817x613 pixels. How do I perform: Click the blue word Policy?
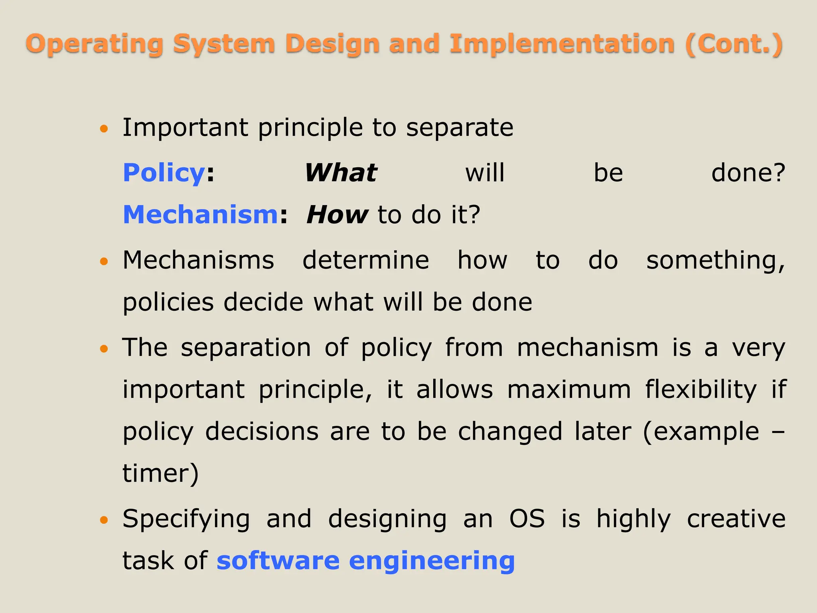click(x=164, y=173)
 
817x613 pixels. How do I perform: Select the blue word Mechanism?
click(x=200, y=215)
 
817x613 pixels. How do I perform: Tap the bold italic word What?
click(x=341, y=173)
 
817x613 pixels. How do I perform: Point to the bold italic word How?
click(x=337, y=215)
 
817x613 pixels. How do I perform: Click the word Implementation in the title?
click(x=562, y=44)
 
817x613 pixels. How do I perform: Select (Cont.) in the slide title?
click(x=734, y=44)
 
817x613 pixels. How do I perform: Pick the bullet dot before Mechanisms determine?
click(x=104, y=261)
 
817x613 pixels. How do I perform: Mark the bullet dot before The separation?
click(x=104, y=349)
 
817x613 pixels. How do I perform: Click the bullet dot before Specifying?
click(x=104, y=520)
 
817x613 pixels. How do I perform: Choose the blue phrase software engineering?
click(x=366, y=561)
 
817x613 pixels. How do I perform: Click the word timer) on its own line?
click(x=160, y=474)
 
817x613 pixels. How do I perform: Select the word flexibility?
click(x=701, y=389)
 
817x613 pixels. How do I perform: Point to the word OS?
click(x=527, y=519)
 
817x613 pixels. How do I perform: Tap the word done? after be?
click(x=748, y=173)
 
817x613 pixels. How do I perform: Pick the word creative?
click(x=736, y=519)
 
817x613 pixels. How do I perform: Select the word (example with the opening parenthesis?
click(x=701, y=432)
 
